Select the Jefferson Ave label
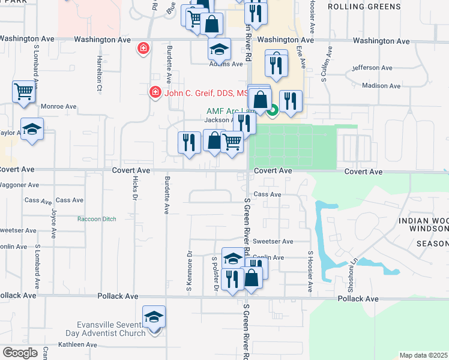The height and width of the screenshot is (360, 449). pos(371,68)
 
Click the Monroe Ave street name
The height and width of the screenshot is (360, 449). pos(58,106)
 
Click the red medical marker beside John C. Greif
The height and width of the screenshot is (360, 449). pos(155,92)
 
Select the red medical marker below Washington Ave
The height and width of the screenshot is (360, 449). pos(143,48)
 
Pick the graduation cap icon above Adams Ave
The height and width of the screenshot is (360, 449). pos(219,49)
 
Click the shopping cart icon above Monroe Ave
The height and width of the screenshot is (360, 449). pos(23,92)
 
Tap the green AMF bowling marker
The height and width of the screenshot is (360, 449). pos(273,110)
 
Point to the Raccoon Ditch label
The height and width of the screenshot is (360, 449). pos(97,219)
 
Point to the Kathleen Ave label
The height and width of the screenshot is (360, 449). pos(77,345)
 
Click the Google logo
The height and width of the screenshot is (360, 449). pos(20,353)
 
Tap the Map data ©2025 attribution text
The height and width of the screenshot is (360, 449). pos(424,355)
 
